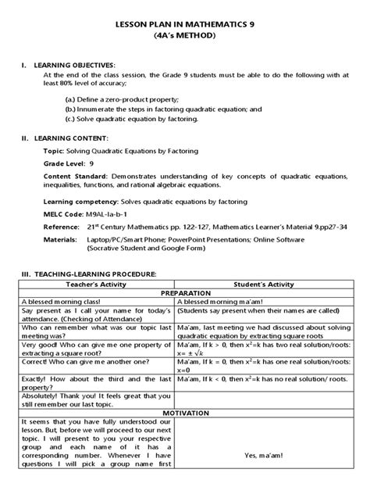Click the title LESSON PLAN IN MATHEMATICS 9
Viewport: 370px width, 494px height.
pyautogui.click(x=185, y=23)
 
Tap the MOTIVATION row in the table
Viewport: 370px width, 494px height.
pyautogui.click(x=184, y=411)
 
